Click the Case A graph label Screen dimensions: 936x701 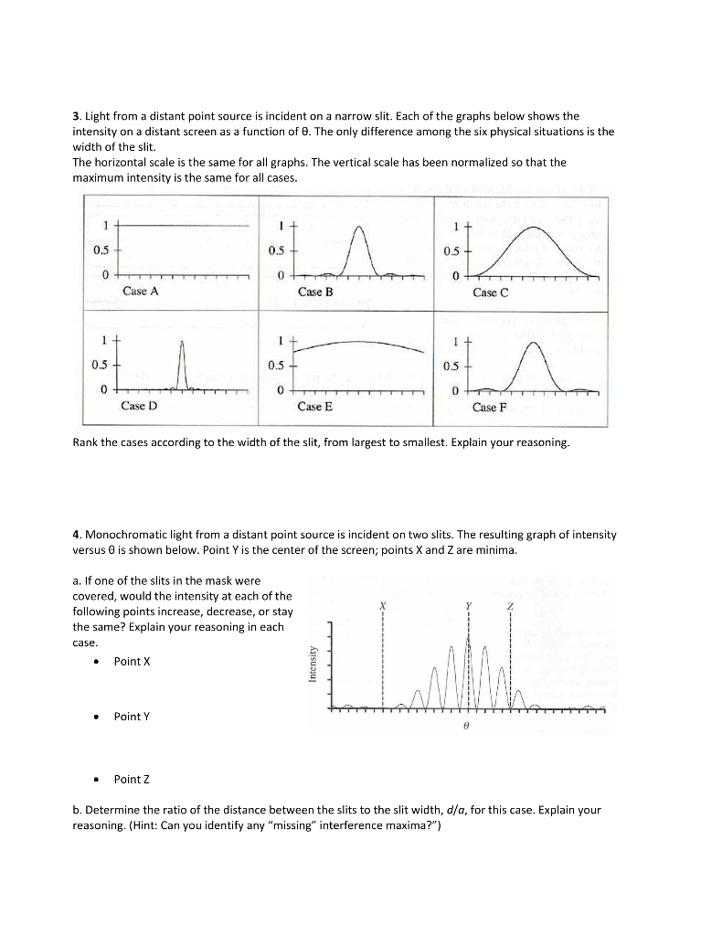coord(140,292)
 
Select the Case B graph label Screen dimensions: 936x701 coord(315,292)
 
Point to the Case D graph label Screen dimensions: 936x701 coord(139,406)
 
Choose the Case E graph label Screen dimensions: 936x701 coord(314,407)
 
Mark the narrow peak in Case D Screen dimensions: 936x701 coord(182,342)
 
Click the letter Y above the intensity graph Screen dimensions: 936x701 coord(468,607)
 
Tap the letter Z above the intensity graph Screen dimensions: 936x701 coord(510,607)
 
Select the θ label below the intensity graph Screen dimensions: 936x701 coord(466,722)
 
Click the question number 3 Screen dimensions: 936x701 coord(76,117)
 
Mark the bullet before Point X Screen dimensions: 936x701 coord(94,661)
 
